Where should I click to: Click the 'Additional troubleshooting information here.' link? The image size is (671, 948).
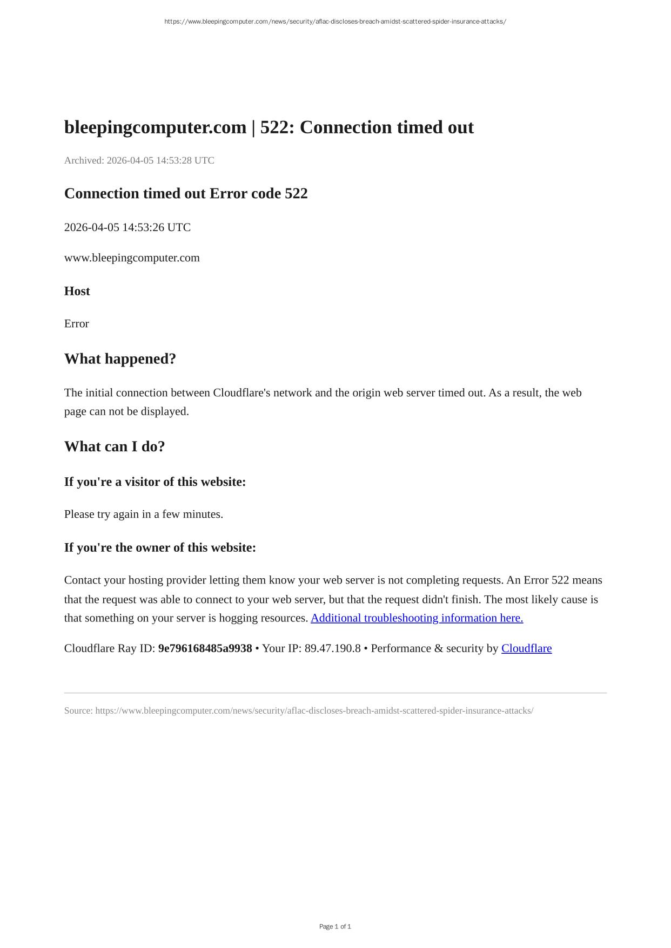[417, 618]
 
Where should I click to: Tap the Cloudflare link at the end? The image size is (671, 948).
[526, 648]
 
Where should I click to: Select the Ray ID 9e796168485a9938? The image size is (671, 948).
[205, 648]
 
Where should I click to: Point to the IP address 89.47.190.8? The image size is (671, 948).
[332, 648]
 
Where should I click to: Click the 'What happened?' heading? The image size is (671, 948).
[120, 359]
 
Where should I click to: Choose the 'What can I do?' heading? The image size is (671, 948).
[115, 446]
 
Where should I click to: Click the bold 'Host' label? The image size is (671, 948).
[77, 291]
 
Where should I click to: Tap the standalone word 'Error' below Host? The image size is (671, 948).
[77, 324]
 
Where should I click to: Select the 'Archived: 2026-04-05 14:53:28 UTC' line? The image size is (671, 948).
[139, 160]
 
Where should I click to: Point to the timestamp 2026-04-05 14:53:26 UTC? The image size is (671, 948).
[128, 227]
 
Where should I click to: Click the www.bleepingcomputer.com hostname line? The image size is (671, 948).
[132, 258]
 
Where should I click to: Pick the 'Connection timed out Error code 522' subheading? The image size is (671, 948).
[186, 193]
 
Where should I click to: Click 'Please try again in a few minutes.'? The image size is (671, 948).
[144, 514]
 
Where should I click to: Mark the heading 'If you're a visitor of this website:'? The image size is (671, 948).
[155, 482]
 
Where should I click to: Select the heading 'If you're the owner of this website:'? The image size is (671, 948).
[160, 547]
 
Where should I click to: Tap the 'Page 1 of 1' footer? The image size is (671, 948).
[335, 926]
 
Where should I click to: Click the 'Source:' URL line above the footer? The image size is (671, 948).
[299, 710]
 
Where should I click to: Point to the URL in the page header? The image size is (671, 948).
[335, 22]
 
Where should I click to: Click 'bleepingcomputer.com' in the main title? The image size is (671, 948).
[155, 127]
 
